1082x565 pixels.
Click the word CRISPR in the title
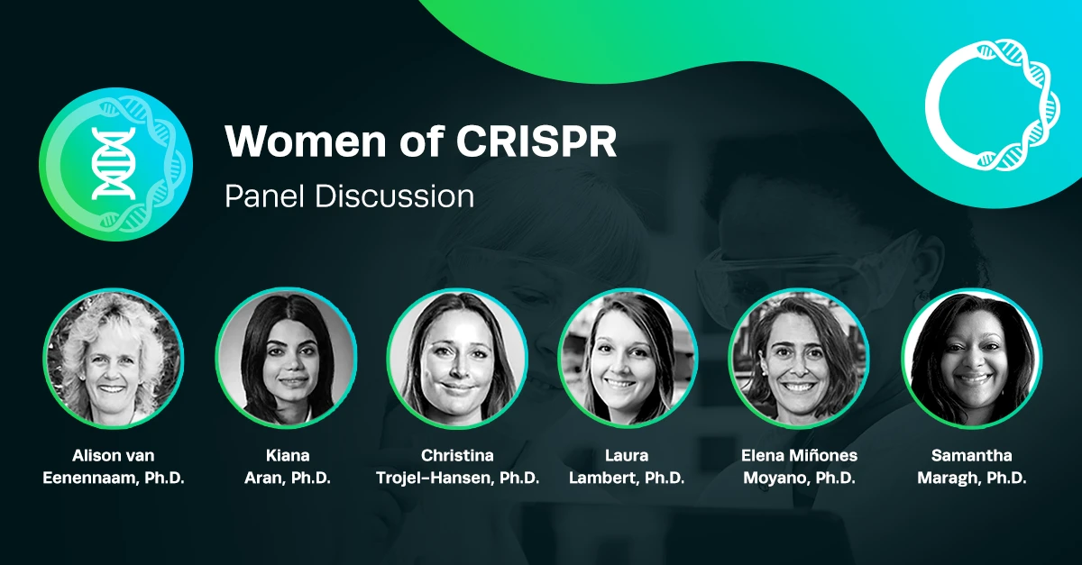pos(536,141)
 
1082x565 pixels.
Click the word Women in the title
pos(306,141)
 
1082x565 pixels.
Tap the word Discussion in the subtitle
pos(394,196)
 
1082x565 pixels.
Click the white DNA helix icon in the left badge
pos(114,164)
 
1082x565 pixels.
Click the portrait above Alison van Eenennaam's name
pos(114,358)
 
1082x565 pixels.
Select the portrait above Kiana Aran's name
pos(287,358)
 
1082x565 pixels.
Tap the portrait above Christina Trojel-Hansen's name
pos(457,358)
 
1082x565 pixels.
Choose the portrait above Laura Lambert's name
pos(628,358)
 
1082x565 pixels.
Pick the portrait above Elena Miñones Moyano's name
pos(799,358)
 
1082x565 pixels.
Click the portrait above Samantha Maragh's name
pos(972,358)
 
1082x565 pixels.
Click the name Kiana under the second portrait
pos(288,455)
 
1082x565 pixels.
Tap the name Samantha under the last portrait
pos(971,455)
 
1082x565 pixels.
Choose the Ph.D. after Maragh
pos(1006,478)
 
